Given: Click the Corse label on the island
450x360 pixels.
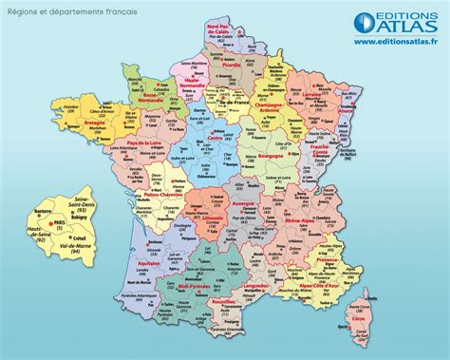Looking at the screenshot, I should click(358, 319).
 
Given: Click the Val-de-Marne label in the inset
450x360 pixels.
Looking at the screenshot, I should click(72, 281).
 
